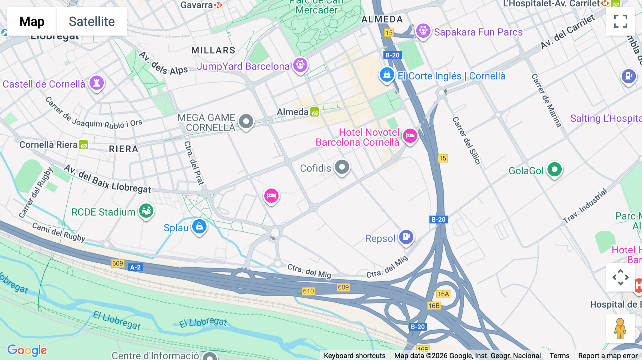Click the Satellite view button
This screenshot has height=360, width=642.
(92, 21)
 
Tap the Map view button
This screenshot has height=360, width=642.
(32, 21)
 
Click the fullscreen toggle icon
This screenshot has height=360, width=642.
(620, 21)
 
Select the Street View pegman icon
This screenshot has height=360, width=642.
(620, 329)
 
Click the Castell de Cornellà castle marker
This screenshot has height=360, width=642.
(96, 83)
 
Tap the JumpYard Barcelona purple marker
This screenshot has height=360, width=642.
(300, 65)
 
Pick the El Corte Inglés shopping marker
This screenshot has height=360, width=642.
(387, 75)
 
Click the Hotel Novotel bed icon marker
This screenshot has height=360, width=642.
(410, 136)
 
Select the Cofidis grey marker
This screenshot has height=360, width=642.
(342, 167)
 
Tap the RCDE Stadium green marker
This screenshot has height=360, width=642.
(146, 211)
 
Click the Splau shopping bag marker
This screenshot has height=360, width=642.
(199, 226)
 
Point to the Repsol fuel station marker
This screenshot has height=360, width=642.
(406, 237)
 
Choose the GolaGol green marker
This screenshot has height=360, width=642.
(554, 170)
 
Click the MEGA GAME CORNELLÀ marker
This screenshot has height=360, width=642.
(246, 122)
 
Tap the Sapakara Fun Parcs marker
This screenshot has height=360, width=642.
(423, 31)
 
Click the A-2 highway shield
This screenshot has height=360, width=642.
(136, 267)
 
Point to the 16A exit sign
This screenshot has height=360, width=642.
(443, 294)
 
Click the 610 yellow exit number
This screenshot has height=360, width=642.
(308, 291)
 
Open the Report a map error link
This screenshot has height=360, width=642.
(608, 356)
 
